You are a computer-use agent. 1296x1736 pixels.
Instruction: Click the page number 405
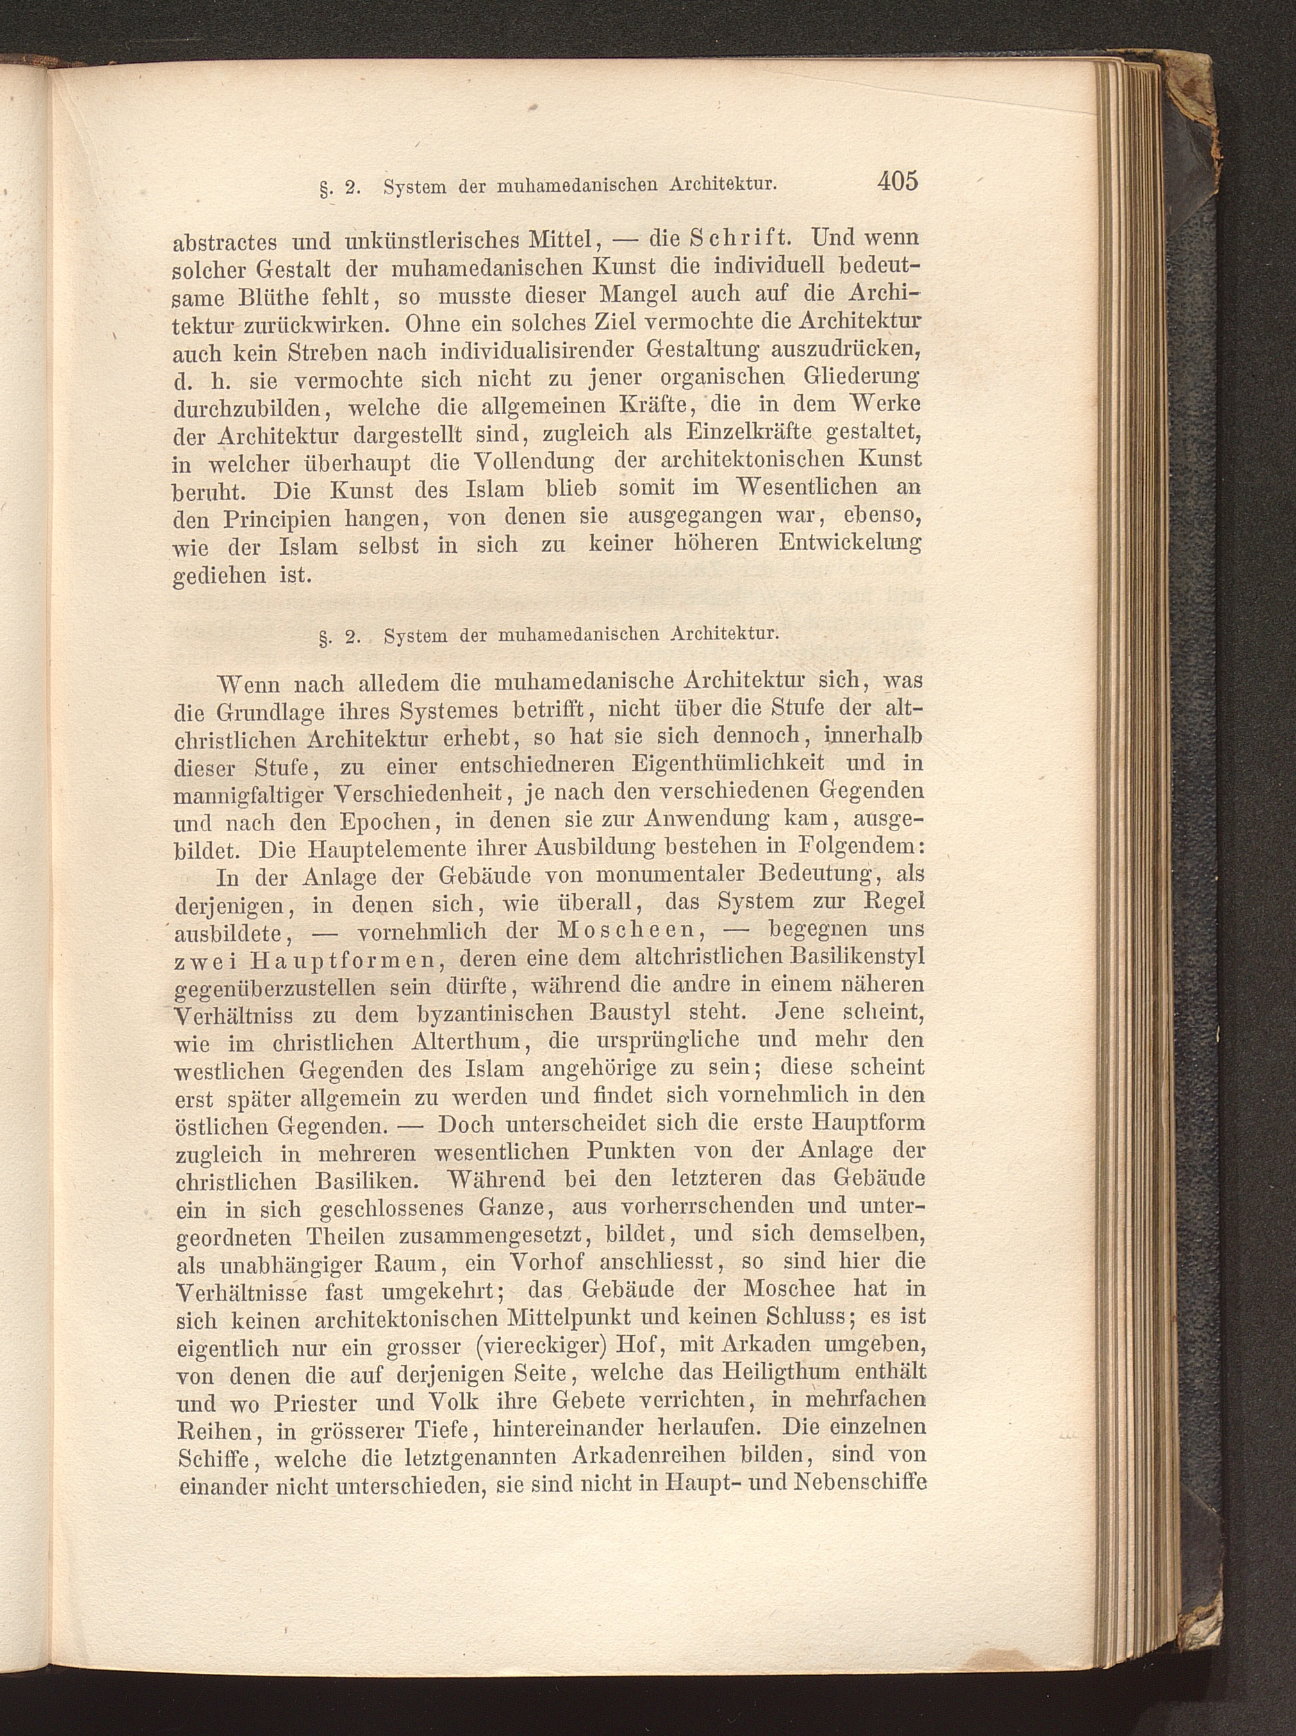897,181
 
